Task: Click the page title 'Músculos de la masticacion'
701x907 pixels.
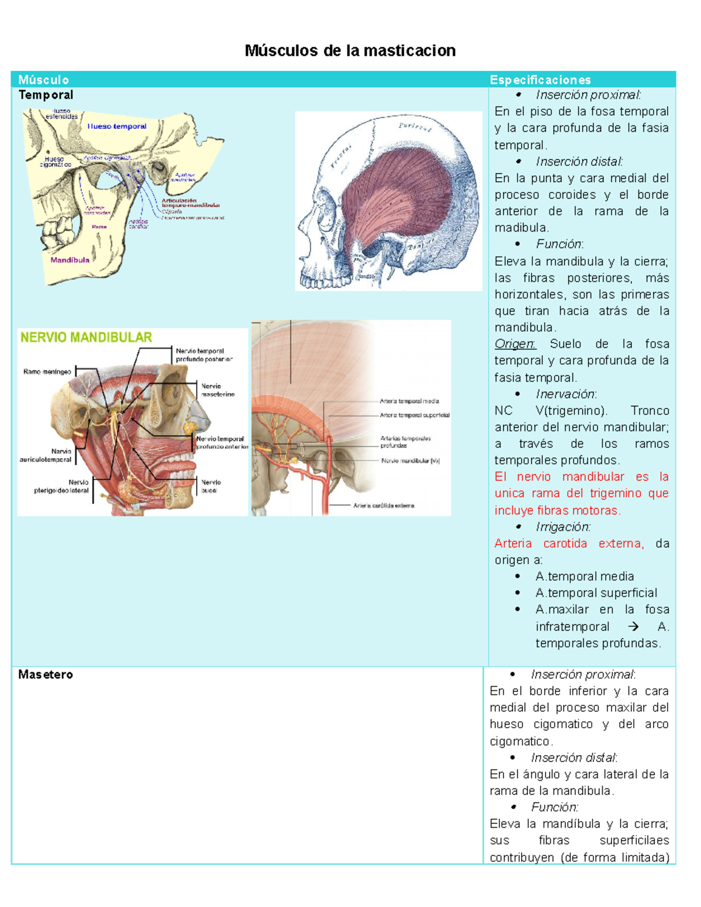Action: click(350, 51)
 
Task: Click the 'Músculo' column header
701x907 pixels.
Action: click(43, 80)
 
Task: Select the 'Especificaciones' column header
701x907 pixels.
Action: click(540, 80)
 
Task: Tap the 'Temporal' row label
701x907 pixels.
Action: click(46, 95)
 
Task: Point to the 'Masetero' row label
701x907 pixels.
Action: click(46, 675)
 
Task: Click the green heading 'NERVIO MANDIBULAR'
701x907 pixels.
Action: click(86, 337)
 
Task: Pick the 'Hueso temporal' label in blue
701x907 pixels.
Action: click(117, 126)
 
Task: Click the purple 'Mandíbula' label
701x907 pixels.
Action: click(70, 260)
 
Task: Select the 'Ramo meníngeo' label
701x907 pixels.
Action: click(47, 371)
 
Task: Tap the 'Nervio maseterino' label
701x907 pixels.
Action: click(217, 390)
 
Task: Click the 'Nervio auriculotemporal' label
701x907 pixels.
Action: click(46, 455)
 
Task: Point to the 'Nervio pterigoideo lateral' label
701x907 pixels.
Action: click(62, 486)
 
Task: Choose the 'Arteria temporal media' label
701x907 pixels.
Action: click(409, 401)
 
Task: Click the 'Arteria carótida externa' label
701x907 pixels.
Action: click(383, 506)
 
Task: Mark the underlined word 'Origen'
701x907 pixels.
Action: click(515, 344)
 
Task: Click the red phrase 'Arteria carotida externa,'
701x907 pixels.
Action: click(568, 544)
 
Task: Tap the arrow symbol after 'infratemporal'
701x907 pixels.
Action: click(633, 627)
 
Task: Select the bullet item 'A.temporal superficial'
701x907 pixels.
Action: click(596, 593)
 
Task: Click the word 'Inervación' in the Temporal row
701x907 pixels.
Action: click(565, 394)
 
